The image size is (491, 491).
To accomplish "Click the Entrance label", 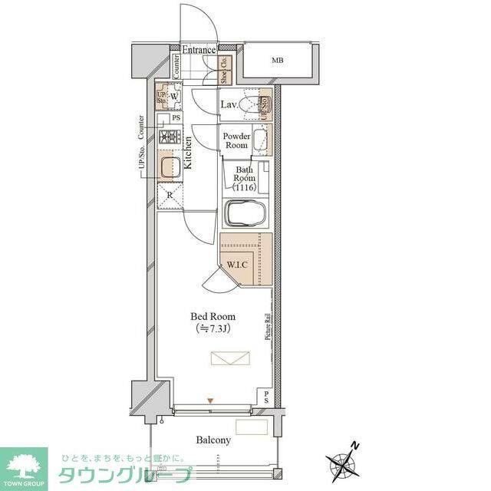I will click(199, 51).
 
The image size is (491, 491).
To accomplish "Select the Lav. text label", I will click(229, 104).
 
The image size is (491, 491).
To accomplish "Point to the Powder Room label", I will click(236, 140).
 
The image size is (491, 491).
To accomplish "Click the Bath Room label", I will click(244, 178).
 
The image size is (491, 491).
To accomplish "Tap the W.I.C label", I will click(236, 265).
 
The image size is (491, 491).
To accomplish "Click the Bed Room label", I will click(213, 316).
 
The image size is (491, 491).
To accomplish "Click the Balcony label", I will click(213, 440).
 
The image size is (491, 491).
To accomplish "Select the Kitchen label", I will click(187, 153).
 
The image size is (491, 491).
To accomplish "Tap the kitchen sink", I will click(170, 167).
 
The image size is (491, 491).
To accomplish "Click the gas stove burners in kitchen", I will click(169, 138).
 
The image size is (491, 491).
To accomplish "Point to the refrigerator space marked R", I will click(169, 195).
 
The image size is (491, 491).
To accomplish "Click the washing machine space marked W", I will click(175, 97).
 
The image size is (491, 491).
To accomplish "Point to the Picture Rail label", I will click(268, 328).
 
